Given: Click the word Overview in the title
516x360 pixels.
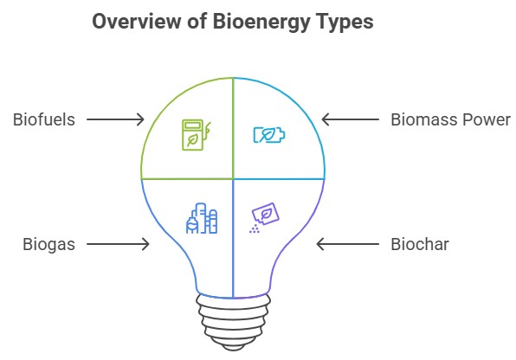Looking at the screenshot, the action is pyautogui.click(x=137, y=22).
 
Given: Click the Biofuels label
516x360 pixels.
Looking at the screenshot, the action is pyautogui.click(x=44, y=119).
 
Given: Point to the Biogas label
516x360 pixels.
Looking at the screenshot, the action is pyautogui.click(x=49, y=245).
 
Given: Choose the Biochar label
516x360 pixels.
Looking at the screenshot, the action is pyautogui.click(x=420, y=245).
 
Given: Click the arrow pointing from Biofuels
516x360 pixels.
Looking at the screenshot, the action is pyautogui.click(x=115, y=119).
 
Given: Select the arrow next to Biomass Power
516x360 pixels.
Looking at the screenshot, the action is pyautogui.click(x=350, y=119).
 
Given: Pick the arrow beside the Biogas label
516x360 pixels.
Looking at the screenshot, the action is pyautogui.click(x=118, y=244).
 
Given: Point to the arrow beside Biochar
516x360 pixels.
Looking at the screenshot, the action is pyautogui.click(x=347, y=244).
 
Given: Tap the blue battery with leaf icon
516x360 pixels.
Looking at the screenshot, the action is pyautogui.click(x=269, y=135).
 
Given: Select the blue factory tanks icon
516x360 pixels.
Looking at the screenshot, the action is pyautogui.click(x=202, y=218).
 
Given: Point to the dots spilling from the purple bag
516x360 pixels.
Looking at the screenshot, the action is pyautogui.click(x=255, y=229).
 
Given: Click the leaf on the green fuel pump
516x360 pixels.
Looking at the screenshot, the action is pyautogui.click(x=192, y=139).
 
